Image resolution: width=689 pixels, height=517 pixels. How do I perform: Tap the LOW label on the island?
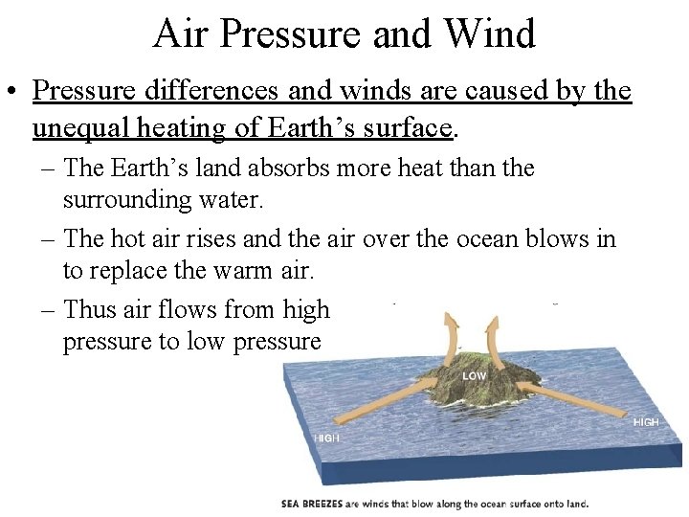(475, 376)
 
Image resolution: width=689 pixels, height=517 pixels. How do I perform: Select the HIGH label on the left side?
(326, 438)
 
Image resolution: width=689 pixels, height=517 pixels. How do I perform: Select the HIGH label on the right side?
(646, 422)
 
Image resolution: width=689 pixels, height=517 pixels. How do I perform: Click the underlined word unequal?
(78, 126)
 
